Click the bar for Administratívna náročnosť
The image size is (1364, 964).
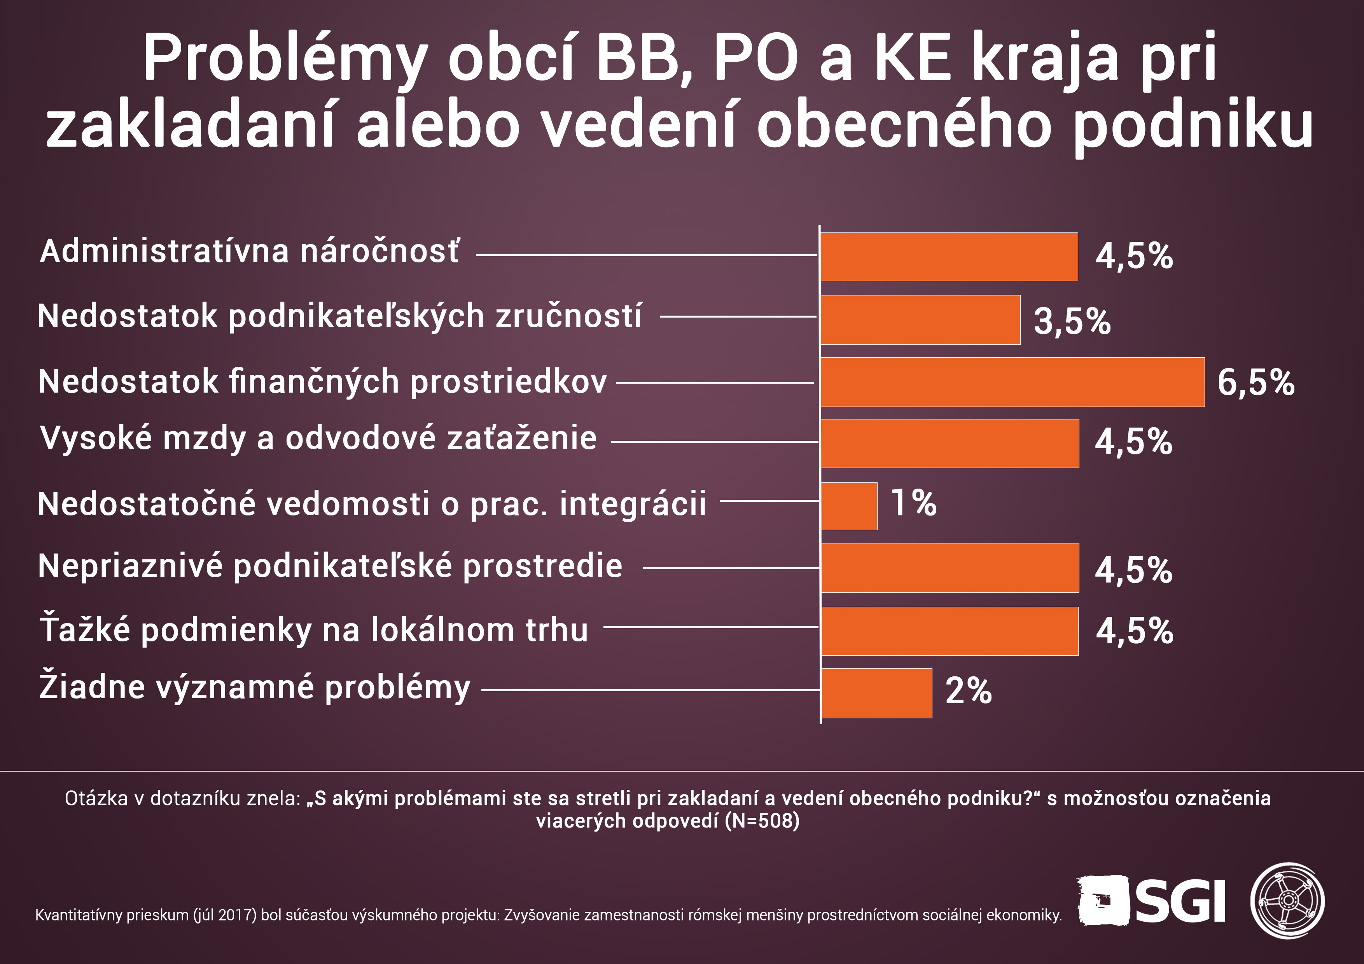point(950,257)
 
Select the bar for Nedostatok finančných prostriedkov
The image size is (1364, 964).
point(1013,382)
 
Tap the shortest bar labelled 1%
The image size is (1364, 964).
point(849,506)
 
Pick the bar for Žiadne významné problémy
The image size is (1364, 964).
point(876,693)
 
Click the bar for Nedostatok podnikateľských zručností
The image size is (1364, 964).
point(921,320)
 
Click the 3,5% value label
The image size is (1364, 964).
point(1072,322)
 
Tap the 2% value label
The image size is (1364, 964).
point(968,691)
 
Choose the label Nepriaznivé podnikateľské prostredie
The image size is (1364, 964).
point(330,566)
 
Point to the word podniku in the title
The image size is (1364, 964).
point(1194,127)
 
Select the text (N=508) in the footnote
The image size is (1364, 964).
point(762,821)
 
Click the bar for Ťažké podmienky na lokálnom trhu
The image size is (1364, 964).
point(950,631)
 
